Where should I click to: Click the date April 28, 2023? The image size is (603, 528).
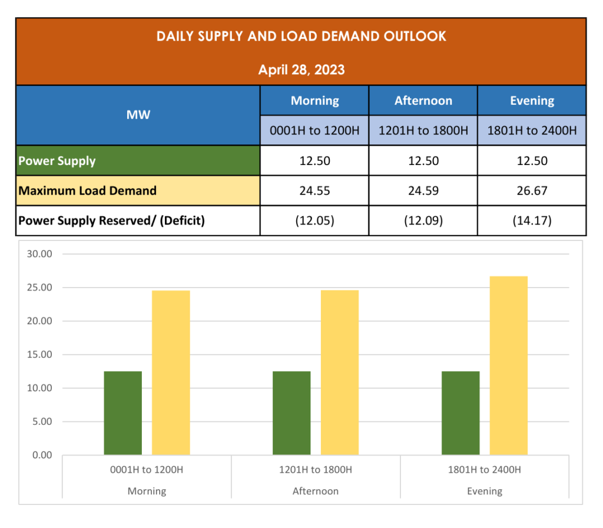point(301,70)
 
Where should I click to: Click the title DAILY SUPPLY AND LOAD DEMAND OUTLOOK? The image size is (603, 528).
point(301,37)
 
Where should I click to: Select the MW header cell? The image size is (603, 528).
point(138,115)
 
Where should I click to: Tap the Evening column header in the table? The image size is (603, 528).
point(532,101)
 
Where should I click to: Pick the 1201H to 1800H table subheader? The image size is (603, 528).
point(423,131)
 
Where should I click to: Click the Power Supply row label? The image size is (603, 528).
point(57,161)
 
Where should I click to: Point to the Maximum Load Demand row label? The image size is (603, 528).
point(88,191)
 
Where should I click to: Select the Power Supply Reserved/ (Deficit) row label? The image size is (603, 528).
point(111,221)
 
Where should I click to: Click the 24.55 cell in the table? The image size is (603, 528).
point(315,191)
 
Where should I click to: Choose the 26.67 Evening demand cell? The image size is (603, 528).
point(532,191)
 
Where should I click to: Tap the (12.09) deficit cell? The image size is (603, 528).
point(423,221)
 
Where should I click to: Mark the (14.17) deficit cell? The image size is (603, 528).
point(532,221)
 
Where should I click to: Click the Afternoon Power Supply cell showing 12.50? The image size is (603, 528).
point(423,161)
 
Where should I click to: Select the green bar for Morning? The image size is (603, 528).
point(123,413)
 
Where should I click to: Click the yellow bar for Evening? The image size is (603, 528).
point(509,365)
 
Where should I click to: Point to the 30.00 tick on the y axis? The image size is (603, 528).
point(40,255)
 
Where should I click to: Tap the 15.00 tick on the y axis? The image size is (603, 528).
point(40,355)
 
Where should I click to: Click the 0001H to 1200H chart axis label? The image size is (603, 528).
point(147,470)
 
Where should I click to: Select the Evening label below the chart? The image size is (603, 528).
point(485,491)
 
